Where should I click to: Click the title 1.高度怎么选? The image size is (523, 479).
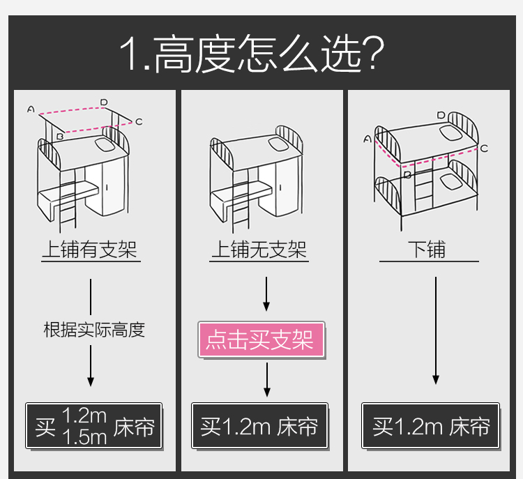click(x=252, y=54)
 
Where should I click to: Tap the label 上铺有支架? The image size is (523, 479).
click(x=91, y=250)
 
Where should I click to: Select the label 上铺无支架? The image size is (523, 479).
click(x=259, y=250)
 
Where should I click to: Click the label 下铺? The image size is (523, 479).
click(x=427, y=250)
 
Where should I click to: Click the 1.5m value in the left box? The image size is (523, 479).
click(x=84, y=437)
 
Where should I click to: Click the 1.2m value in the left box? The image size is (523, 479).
click(x=84, y=416)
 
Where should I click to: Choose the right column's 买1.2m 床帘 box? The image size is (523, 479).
click(x=430, y=426)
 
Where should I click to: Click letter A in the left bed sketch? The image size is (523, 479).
click(x=31, y=109)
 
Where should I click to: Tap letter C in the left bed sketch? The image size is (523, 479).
click(x=139, y=122)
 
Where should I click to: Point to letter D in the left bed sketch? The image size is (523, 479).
click(x=104, y=102)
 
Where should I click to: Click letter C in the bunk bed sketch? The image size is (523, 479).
click(x=484, y=148)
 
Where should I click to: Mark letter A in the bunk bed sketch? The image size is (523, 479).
click(x=367, y=139)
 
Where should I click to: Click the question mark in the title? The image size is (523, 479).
click(x=376, y=54)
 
